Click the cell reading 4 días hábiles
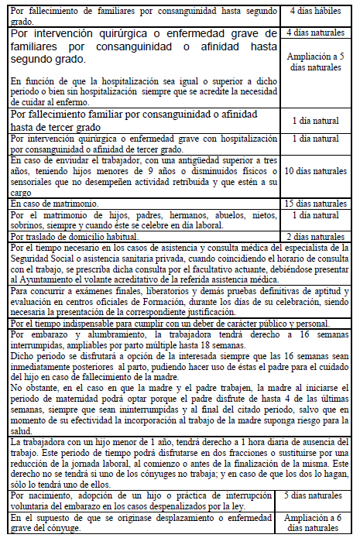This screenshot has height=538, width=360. click(x=315, y=12)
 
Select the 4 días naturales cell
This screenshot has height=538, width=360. click(x=315, y=33)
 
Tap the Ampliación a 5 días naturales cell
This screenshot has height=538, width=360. click(x=315, y=62)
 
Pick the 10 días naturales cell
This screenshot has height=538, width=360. click(x=315, y=170)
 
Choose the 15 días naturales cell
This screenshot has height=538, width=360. click(x=315, y=204)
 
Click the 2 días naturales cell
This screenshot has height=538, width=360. click(x=315, y=236)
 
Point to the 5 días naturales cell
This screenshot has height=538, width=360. click(x=315, y=494)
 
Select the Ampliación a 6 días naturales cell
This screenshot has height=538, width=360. click(x=315, y=520)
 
